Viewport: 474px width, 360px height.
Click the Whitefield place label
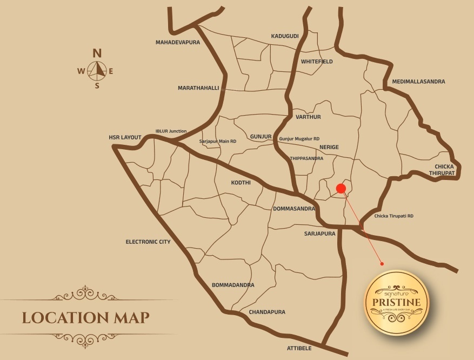[x=317, y=62]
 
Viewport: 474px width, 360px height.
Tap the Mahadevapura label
[x=178, y=42]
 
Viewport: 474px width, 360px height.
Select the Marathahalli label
[x=198, y=88]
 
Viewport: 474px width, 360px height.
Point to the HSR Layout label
[x=125, y=137]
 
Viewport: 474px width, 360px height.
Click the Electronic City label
[x=148, y=242]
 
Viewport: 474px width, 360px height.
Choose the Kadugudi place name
[x=285, y=36]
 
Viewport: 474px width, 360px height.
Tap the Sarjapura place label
[x=319, y=234]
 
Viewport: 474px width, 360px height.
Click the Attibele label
[x=299, y=348]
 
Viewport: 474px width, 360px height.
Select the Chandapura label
[x=267, y=312]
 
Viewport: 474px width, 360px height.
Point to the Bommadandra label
[x=233, y=285]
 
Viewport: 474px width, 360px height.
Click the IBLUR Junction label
[x=171, y=131]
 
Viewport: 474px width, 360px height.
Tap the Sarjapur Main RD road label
[x=218, y=141]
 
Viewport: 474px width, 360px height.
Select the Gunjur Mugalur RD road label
[x=299, y=139]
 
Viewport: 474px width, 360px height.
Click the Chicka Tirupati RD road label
[x=393, y=216]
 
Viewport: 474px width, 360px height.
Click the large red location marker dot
[x=341, y=188]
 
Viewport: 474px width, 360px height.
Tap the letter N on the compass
[x=97, y=53]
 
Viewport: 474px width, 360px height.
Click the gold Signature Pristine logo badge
[x=397, y=303]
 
